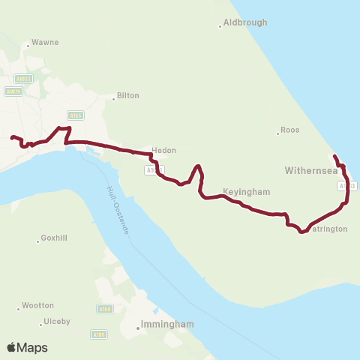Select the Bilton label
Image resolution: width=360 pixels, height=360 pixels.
128,96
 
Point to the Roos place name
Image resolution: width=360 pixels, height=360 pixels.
290,130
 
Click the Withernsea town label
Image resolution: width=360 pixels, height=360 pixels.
308,171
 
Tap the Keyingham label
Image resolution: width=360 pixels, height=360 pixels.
246,192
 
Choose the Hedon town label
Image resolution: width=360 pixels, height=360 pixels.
163,150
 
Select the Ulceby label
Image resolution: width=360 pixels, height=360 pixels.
58,321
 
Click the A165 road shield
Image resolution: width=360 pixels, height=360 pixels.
75,115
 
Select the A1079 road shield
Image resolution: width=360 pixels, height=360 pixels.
12,91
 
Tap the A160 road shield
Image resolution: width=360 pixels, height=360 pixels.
104,308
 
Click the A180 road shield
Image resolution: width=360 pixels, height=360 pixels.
100,334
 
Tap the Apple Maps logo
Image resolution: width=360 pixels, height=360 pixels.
28,347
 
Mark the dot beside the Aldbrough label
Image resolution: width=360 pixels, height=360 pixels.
220,26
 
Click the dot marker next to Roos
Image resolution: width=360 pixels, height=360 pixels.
277,133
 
